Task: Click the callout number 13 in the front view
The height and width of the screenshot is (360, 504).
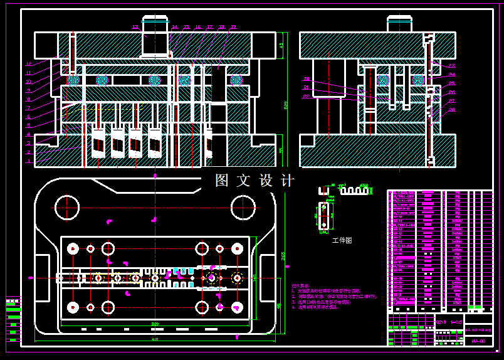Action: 135,27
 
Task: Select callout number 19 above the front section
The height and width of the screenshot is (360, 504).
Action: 233,27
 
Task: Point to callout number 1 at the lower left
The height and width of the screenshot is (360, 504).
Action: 28,161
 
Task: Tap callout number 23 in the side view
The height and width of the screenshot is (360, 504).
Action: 451,65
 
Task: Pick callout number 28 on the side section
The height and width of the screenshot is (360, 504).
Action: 451,109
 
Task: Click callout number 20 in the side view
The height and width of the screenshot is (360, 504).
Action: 307,79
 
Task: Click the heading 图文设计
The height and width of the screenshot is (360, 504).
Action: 255,181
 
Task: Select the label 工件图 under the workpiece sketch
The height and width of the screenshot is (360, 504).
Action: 342,240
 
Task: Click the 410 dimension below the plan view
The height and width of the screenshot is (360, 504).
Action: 155,339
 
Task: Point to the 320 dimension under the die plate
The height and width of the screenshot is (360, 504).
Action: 155,324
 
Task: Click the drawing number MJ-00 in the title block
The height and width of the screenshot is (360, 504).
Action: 478,341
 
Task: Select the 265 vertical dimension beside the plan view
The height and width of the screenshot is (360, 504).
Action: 283,255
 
